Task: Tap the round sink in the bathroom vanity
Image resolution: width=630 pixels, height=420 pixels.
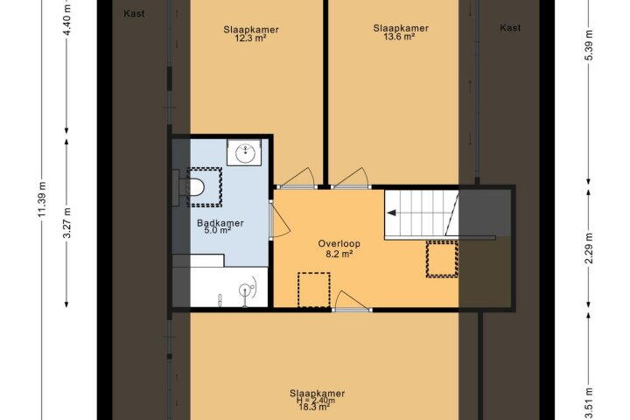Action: click(245, 153)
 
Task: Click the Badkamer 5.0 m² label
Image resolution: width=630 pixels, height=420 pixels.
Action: click(220, 227)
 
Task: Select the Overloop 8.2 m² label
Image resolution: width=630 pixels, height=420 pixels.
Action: click(339, 248)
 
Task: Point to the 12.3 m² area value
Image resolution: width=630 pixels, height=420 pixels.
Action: click(251, 38)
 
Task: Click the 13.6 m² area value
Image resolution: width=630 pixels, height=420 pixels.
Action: click(400, 37)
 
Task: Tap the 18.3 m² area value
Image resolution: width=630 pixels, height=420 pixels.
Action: click(314, 407)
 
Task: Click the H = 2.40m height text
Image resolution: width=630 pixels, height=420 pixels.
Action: click(316, 400)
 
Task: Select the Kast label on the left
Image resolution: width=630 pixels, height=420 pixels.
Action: click(134, 14)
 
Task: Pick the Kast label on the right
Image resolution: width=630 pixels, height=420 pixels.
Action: click(510, 28)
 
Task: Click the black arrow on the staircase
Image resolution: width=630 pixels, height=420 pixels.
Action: click(391, 213)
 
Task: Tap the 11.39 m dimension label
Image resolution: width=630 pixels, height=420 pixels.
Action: click(43, 199)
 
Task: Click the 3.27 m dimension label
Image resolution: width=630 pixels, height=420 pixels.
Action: click(67, 223)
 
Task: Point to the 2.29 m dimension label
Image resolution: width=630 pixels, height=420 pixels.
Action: click(589, 248)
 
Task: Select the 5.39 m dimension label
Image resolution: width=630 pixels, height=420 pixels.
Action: click(589, 45)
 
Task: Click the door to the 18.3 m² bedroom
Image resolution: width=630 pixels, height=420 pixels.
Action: click(351, 301)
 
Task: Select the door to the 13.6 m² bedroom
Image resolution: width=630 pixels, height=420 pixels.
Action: click(350, 178)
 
